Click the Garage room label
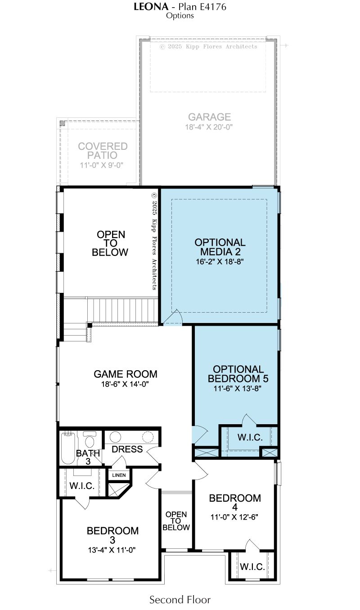point(209,117)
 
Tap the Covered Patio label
point(103,151)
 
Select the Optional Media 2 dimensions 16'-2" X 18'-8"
point(220,262)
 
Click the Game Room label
point(126,374)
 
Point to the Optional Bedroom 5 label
point(238,374)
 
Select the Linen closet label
point(119,475)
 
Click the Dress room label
point(127,449)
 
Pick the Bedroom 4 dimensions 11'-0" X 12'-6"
point(234,517)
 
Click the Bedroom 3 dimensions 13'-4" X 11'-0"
point(112,550)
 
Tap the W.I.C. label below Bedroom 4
point(252,567)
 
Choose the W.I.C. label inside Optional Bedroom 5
point(250,437)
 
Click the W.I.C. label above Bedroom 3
point(82,486)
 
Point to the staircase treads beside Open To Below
point(122,310)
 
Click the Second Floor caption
point(180,600)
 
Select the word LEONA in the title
point(151,7)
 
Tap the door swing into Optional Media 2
point(173,317)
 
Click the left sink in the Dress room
point(115,437)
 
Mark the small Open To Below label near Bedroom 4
point(176,521)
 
